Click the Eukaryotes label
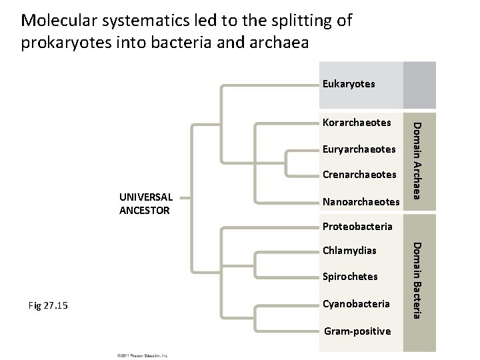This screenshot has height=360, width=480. [349, 84]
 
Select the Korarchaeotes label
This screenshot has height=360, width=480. [356, 123]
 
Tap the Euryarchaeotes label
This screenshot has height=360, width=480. [360, 149]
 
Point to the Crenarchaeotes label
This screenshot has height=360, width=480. [359, 175]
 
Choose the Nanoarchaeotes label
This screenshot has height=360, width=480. [361, 201]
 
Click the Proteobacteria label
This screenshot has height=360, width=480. [357, 227]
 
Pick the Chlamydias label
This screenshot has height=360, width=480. [349, 251]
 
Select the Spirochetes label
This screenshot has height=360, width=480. [350, 277]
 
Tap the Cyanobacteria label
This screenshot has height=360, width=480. [356, 304]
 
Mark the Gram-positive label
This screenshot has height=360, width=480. [357, 331]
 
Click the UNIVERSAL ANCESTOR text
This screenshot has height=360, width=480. [146, 204]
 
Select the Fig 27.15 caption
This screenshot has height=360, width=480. [57, 306]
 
